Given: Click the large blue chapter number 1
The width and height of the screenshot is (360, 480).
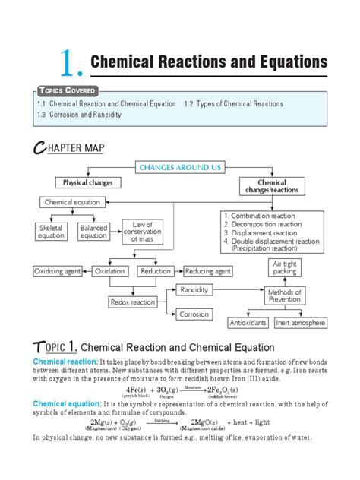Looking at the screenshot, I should (66, 63).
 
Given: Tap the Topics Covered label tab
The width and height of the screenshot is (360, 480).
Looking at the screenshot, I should (64, 91).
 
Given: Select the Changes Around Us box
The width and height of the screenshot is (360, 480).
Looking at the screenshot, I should (180, 166).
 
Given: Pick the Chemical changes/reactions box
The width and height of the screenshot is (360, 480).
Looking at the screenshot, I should (272, 187).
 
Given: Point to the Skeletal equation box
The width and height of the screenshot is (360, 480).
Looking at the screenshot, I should (51, 232).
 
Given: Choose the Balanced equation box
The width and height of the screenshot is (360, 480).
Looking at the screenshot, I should (93, 232).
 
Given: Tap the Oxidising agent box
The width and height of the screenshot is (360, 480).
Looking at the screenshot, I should (58, 271).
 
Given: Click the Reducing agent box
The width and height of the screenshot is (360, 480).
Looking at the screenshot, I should (207, 271).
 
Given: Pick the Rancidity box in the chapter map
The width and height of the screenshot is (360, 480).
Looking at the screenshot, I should (194, 289).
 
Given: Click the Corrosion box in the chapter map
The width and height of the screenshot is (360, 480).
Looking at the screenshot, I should (194, 314).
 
